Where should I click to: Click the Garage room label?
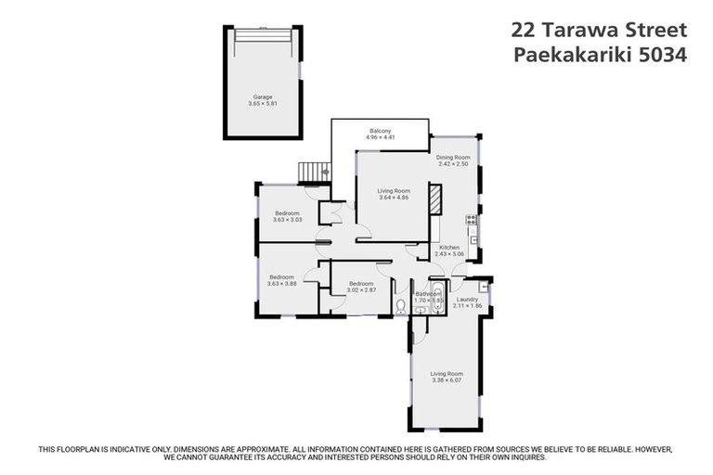tap(263, 96)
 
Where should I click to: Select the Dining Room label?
tap(454, 158)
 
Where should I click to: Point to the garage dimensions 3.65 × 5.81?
tap(263, 104)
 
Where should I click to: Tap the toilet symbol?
tap(399, 303)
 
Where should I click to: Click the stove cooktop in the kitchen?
tap(473, 221)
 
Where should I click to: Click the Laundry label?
tap(467, 299)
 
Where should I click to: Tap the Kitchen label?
tap(449, 247)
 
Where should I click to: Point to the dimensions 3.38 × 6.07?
tap(447, 380)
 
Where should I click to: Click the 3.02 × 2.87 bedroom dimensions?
tap(360, 290)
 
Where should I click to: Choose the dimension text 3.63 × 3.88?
tap(282, 284)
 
